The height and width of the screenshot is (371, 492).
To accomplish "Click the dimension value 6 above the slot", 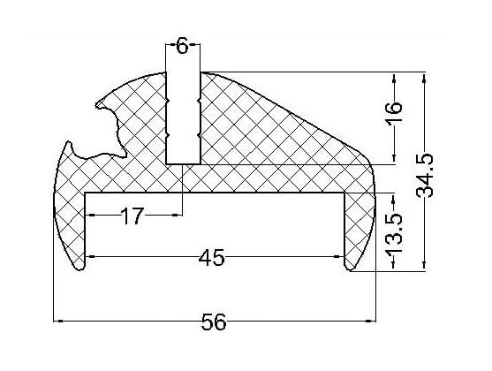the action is [183, 47].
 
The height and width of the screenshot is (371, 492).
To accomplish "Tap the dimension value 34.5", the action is [425, 176].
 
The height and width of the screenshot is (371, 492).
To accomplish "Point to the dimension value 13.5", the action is [394, 232].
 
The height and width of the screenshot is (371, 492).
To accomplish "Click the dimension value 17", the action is [132, 216].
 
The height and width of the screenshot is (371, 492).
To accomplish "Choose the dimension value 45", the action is [212, 257].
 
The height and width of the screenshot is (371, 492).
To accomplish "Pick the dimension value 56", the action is [214, 322].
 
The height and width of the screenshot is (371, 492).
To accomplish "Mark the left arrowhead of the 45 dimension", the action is [89, 257].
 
